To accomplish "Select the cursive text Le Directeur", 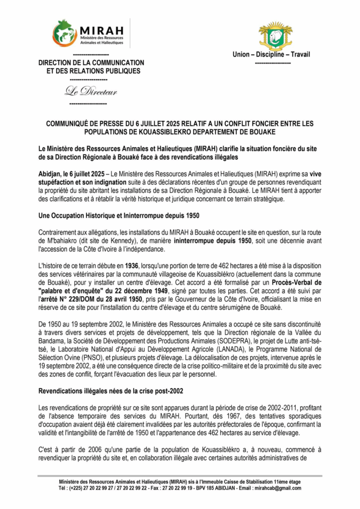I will [x=90, y=91].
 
